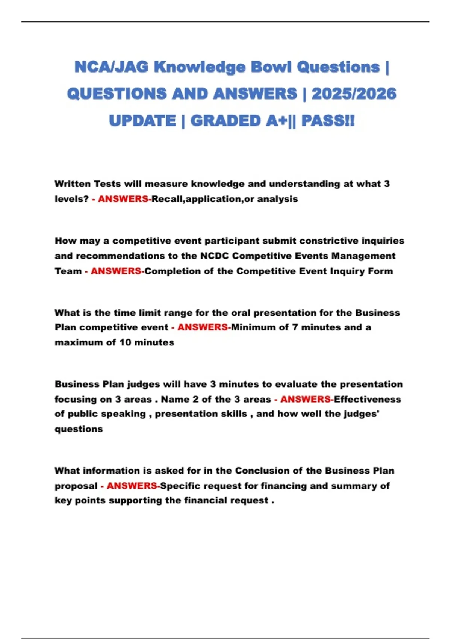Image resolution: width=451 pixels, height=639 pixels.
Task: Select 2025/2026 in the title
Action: click(x=354, y=94)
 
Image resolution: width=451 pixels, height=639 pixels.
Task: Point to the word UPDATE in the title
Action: click(x=142, y=121)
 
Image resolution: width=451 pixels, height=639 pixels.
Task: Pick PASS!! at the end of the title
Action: click(x=328, y=121)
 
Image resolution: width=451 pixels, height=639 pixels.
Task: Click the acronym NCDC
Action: click(x=214, y=256)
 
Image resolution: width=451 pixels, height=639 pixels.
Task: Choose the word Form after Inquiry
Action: click(x=382, y=271)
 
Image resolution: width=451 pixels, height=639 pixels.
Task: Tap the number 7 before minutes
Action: click(x=295, y=327)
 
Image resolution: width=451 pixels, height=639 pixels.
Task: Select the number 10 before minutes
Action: click(x=125, y=342)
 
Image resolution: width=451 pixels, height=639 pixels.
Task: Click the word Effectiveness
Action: click(x=367, y=399)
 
